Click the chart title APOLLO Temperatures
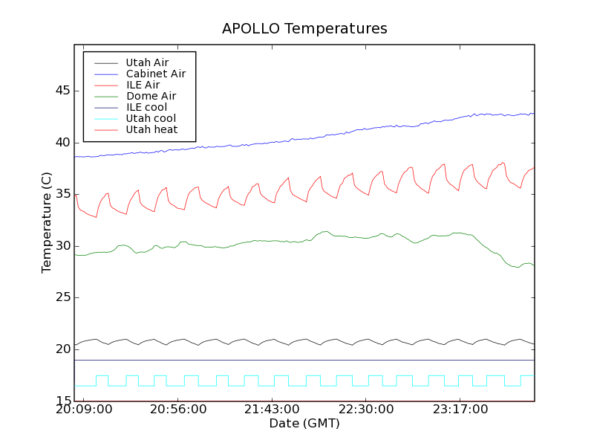304,29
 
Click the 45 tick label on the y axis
62,91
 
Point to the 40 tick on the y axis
62,143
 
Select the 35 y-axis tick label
62,195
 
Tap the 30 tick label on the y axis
62,246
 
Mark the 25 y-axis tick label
62,298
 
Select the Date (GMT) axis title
304,424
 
